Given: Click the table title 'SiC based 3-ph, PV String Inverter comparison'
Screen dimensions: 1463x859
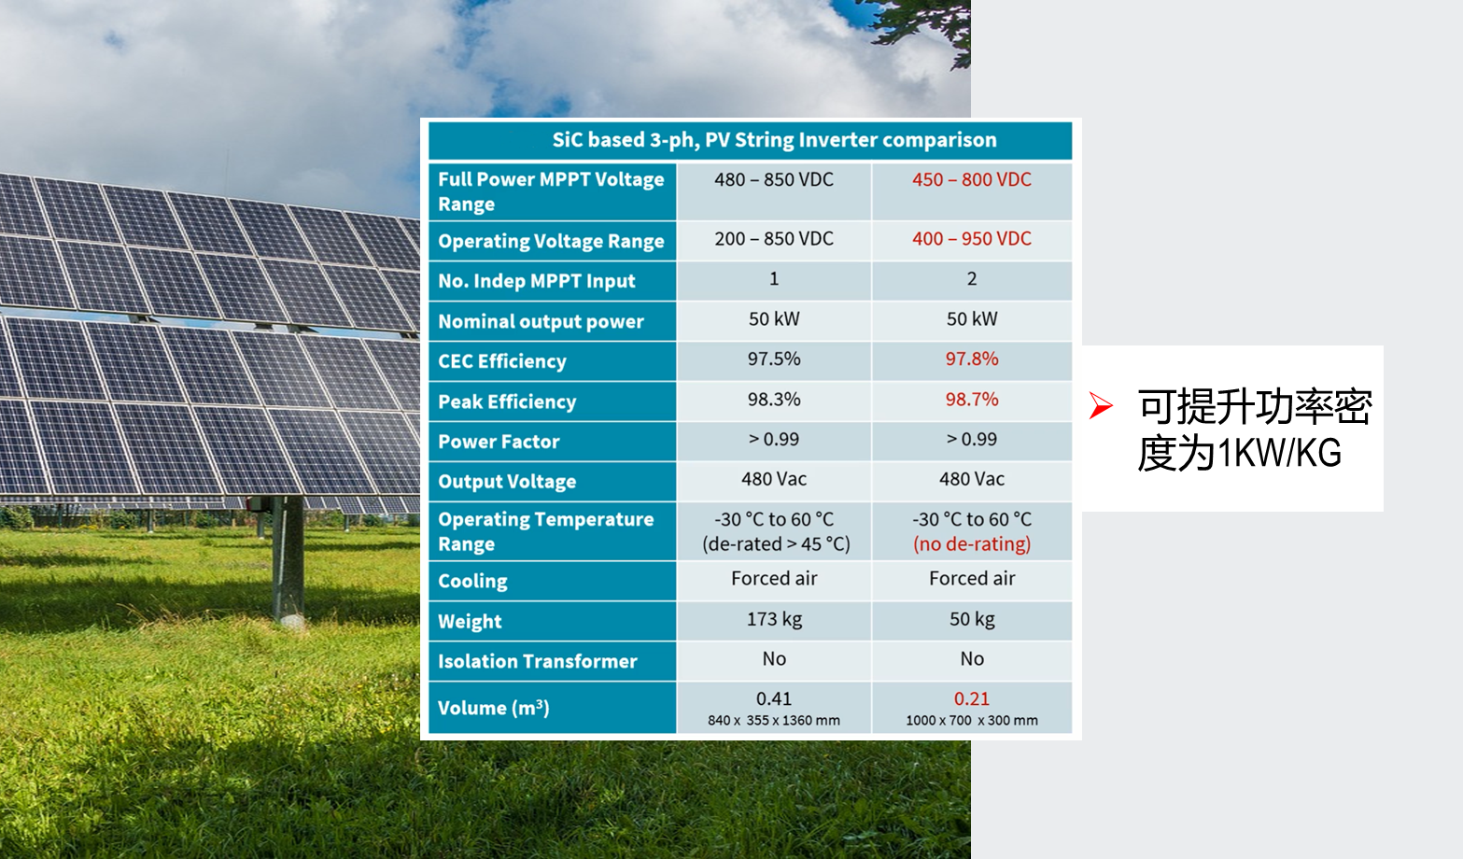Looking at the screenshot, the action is tap(774, 140).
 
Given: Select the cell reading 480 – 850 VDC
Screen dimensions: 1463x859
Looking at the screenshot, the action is tap(774, 179).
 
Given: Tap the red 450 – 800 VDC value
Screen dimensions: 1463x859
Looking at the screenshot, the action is tap(972, 179).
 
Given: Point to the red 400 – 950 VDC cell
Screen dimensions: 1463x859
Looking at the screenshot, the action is tap(972, 239).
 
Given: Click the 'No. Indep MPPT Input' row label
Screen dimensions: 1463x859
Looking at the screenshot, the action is tap(536, 281).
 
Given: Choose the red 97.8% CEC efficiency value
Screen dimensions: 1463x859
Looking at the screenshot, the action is tap(972, 359).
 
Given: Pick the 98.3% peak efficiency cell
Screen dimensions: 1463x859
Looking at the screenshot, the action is tap(774, 399).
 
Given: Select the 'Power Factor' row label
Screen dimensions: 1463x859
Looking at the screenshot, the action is tap(499, 442).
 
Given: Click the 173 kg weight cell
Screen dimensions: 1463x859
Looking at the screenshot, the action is tap(774, 619).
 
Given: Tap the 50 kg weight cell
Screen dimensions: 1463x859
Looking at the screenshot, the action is tap(972, 619).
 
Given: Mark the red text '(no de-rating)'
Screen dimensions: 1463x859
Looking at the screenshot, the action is tap(972, 544).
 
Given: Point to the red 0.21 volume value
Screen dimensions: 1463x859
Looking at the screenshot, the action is tap(972, 699).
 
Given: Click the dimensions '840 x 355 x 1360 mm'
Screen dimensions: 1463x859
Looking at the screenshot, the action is tap(774, 721).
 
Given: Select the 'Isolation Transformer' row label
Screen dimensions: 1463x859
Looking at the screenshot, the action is tap(537, 661).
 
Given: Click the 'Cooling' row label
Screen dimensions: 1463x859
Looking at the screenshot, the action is tap(472, 582).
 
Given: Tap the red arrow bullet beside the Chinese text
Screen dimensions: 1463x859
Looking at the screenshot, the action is tap(1101, 405).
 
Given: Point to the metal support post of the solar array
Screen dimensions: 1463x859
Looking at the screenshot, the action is tap(288, 558).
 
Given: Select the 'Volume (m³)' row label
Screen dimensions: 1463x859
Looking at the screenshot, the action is tap(493, 708).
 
